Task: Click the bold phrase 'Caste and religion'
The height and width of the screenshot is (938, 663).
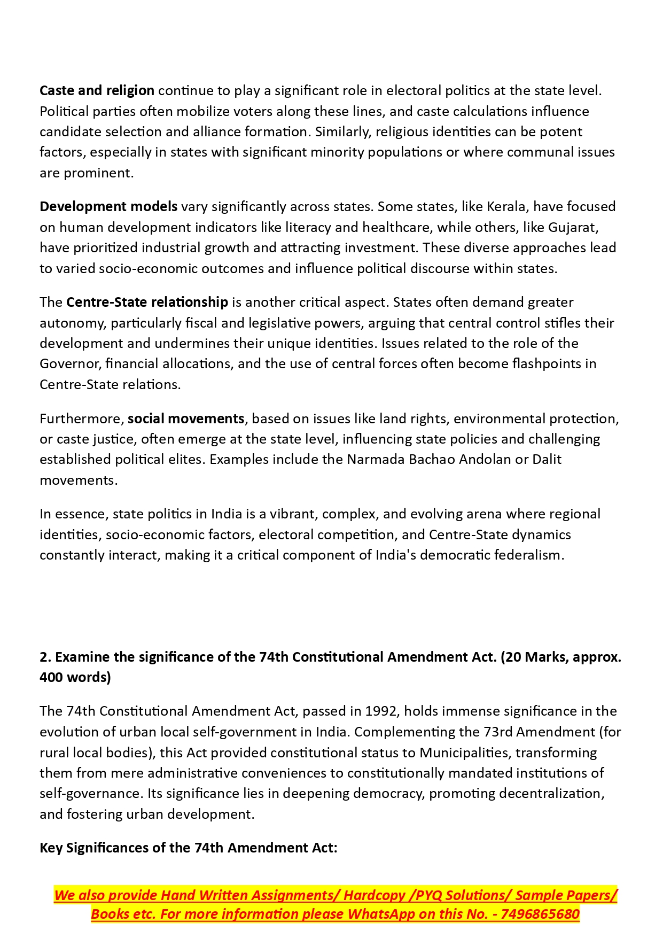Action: [97, 90]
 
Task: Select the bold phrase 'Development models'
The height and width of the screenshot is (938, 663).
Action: [108, 206]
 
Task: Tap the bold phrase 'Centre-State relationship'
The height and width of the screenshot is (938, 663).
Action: [147, 302]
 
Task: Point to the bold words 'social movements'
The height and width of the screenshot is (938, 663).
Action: [186, 418]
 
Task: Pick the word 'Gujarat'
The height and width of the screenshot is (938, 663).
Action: [572, 227]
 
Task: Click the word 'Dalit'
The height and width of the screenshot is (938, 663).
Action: [547, 459]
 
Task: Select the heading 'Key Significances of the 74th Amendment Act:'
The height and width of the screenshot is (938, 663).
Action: [189, 848]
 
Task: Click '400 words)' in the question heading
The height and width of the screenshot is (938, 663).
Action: [75, 677]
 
